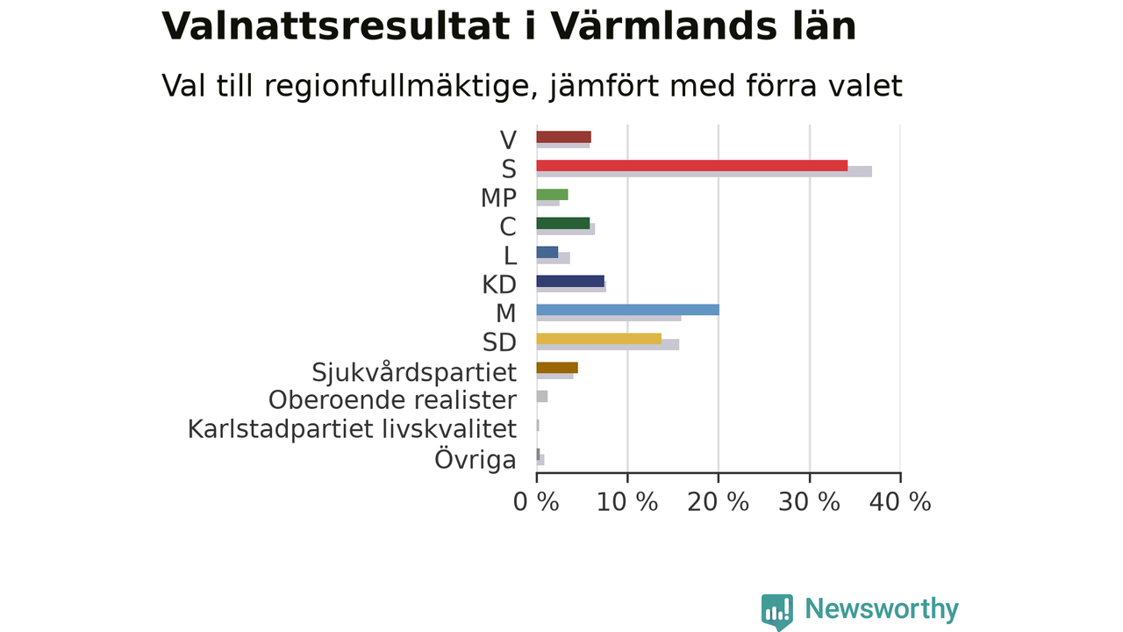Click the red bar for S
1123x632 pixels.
pyautogui.click(x=692, y=166)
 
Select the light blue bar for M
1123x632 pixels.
pyautogui.click(x=627, y=310)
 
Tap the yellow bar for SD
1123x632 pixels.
pyautogui.click(x=599, y=339)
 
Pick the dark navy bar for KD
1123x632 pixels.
pyautogui.click(x=570, y=281)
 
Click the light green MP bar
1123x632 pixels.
pyautogui.click(x=552, y=195)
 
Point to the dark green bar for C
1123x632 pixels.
pyautogui.click(x=563, y=223)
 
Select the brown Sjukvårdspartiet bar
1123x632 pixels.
pyautogui.click(x=557, y=368)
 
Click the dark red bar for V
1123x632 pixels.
pyautogui.click(x=563, y=137)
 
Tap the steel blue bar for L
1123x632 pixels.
pyautogui.click(x=547, y=252)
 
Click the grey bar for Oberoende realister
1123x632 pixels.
pyautogui.click(x=542, y=396)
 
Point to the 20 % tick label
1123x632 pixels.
pyautogui.click(x=718, y=502)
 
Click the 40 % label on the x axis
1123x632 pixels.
pyautogui.click(x=900, y=502)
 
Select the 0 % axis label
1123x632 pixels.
pyautogui.click(x=536, y=502)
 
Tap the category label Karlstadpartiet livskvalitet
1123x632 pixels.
pyautogui.click(x=352, y=430)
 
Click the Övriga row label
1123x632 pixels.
pyautogui.click(x=476, y=459)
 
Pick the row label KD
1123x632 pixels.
pyautogui.click(x=499, y=285)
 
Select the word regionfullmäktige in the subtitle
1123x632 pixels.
pyautogui.click(x=397, y=86)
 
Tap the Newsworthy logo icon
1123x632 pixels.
pyautogui.click(x=777, y=612)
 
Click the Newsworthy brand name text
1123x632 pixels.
pyautogui.click(x=882, y=609)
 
